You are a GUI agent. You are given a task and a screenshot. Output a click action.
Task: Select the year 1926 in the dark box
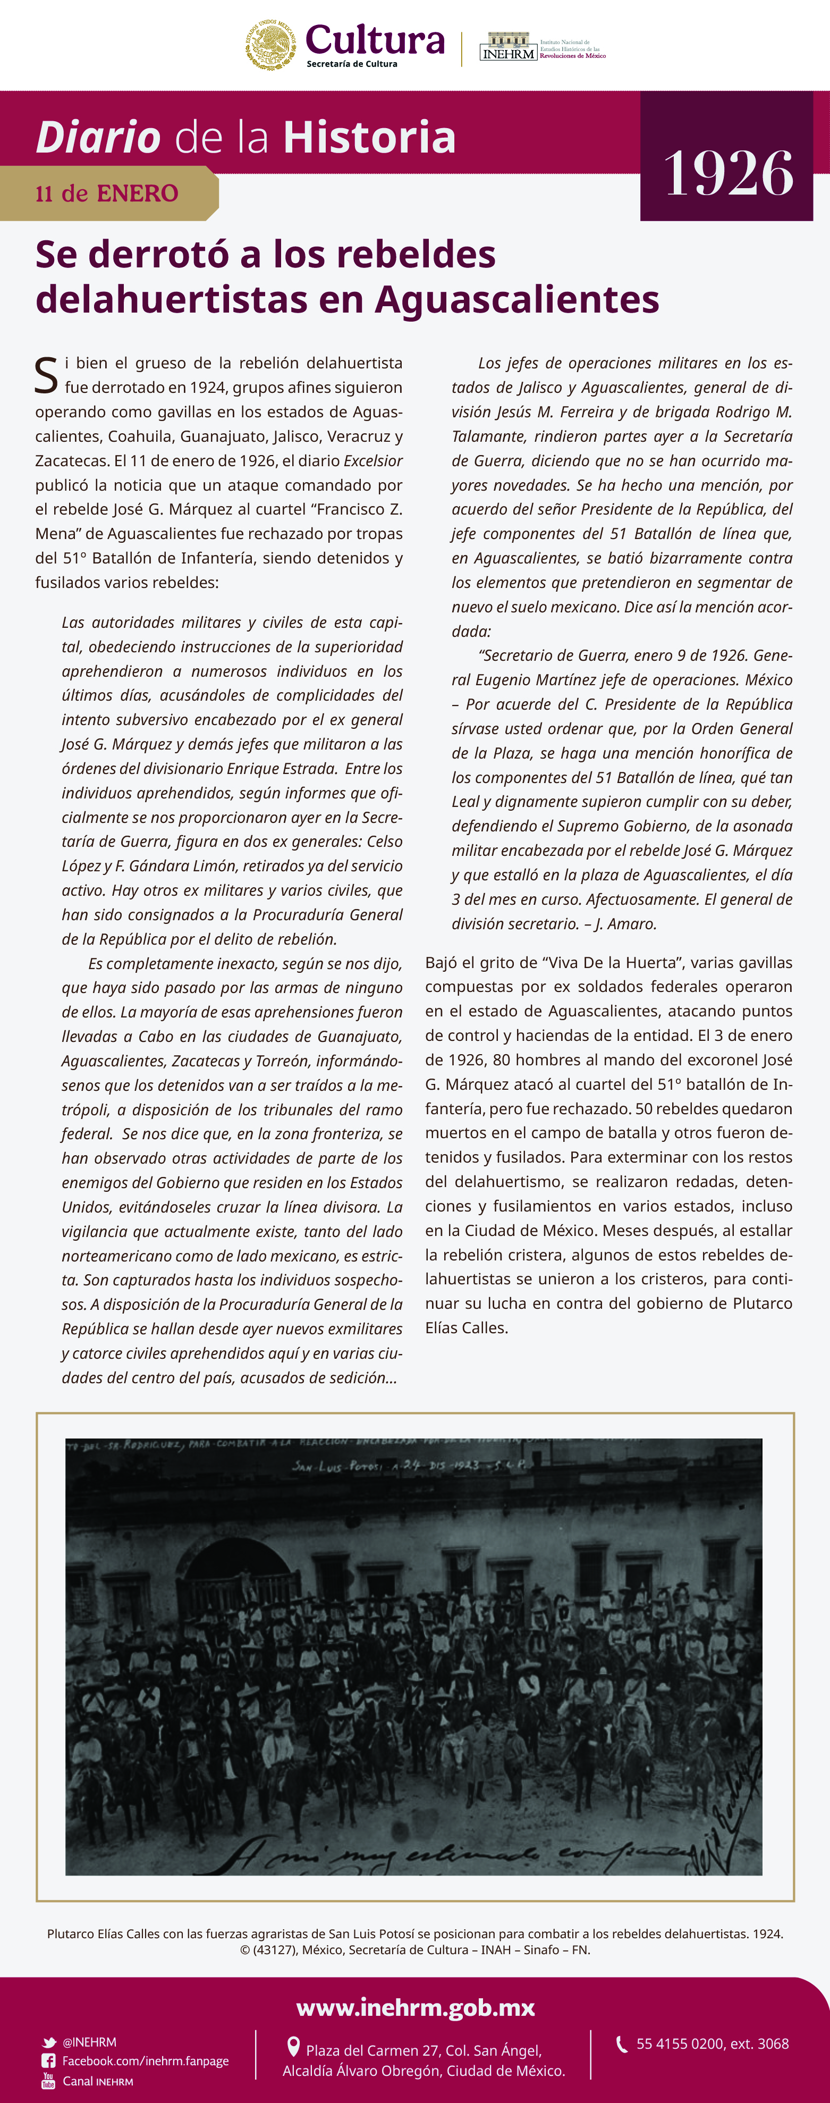pos(728,173)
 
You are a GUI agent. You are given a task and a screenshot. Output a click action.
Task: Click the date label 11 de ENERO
pos(107,194)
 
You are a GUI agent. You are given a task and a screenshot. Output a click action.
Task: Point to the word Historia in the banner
pos(370,137)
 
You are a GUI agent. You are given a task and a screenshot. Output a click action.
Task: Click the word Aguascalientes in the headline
pos(516,299)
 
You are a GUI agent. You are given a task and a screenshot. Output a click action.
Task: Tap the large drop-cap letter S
pos(46,375)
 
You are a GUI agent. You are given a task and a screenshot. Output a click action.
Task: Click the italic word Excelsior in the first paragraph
pos(373,460)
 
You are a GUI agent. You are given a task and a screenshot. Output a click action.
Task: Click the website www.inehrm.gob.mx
pos(416,2007)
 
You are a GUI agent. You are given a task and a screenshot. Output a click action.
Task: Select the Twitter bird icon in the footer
pos(49,2042)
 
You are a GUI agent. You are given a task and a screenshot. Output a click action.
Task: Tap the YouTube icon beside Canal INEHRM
pos(49,2081)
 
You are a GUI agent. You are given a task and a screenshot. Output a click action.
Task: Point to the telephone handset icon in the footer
pos(622,2043)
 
